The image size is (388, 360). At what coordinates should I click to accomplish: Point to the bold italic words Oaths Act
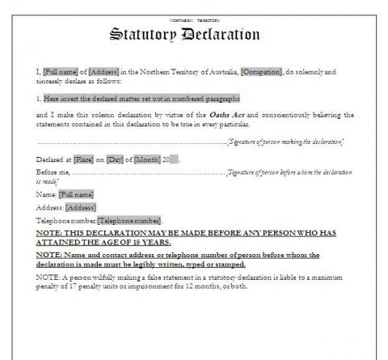(234, 114)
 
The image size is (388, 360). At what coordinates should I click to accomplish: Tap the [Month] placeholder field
(149, 158)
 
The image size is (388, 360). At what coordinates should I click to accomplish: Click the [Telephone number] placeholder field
(129, 220)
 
